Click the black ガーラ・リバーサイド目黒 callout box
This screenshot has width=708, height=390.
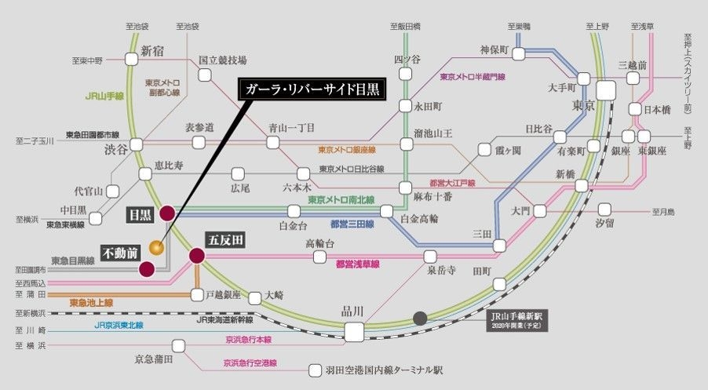click(x=312, y=89)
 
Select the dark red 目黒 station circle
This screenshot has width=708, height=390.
click(x=167, y=213)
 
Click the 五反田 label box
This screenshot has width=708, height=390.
click(x=224, y=238)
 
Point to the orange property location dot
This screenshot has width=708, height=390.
click(x=157, y=249)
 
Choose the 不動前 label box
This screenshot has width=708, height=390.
click(x=122, y=253)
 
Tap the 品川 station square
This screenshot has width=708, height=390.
click(x=355, y=332)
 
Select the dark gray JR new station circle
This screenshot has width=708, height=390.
click(x=421, y=318)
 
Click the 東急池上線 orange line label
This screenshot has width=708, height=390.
click(x=91, y=302)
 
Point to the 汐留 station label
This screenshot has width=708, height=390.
click(x=604, y=224)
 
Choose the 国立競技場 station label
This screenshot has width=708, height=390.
click(x=223, y=60)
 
